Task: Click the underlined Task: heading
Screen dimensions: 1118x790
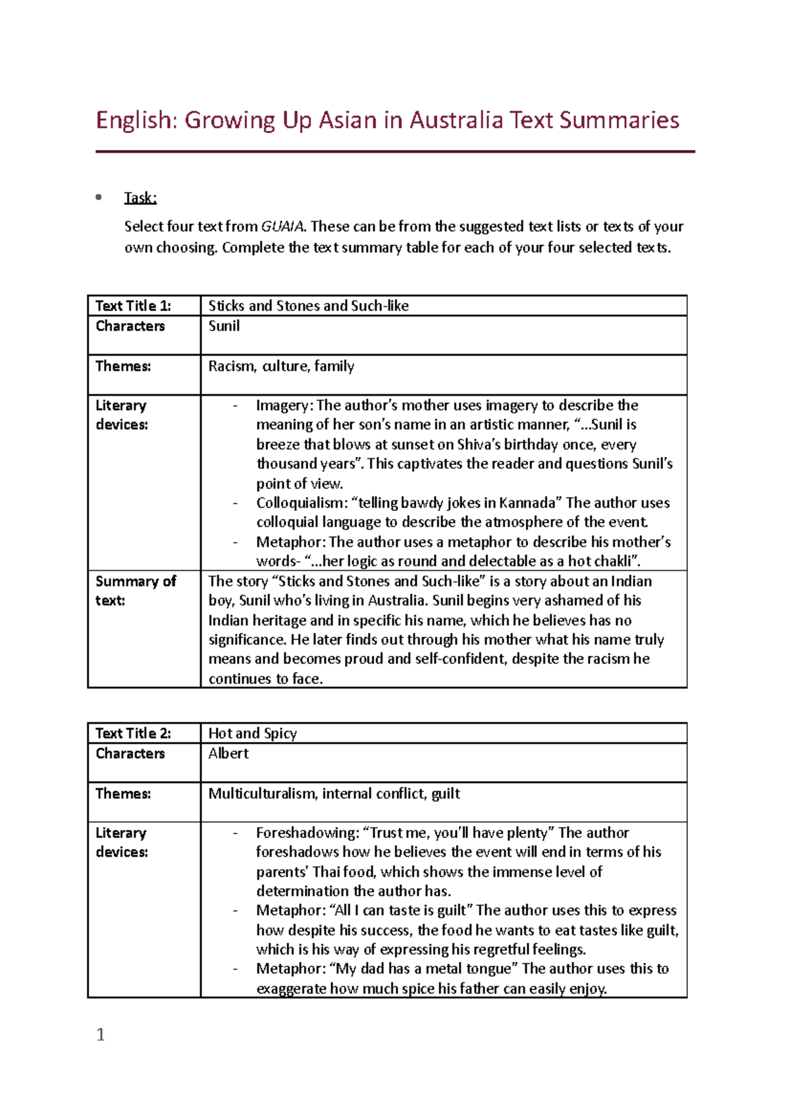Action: point(140,198)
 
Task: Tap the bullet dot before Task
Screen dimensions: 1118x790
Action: point(99,197)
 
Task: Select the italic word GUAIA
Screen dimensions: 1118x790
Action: point(282,226)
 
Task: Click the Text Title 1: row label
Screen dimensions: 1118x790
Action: point(133,306)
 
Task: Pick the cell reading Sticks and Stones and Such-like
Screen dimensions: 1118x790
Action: point(308,306)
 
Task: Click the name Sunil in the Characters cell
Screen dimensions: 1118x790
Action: point(224,326)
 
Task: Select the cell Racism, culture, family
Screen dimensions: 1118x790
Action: point(281,366)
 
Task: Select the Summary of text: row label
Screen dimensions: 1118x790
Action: point(135,591)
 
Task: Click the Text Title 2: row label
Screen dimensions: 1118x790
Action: point(133,733)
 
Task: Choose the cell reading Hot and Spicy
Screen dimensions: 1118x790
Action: point(252,733)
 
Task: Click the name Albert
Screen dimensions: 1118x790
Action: point(228,753)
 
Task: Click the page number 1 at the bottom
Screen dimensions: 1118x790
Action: point(101,1034)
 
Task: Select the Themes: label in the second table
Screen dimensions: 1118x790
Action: point(123,793)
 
